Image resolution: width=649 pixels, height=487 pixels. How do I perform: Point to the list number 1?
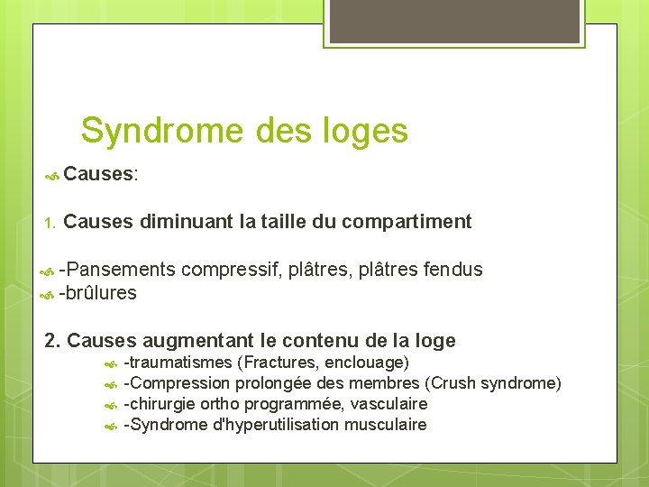[50, 222]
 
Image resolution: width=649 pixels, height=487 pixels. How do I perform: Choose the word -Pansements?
[117, 269]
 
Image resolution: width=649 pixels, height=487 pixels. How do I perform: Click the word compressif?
[233, 269]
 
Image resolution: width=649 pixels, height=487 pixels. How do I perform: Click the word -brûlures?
[97, 293]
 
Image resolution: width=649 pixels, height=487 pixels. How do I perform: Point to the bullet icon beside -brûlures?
[50, 294]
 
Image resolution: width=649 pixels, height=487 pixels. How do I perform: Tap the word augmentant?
[198, 340]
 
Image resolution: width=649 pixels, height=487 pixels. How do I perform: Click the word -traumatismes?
[177, 363]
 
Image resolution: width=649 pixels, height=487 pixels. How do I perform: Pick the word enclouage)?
[371, 363]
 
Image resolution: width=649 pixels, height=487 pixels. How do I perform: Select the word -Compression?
[177, 383]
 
